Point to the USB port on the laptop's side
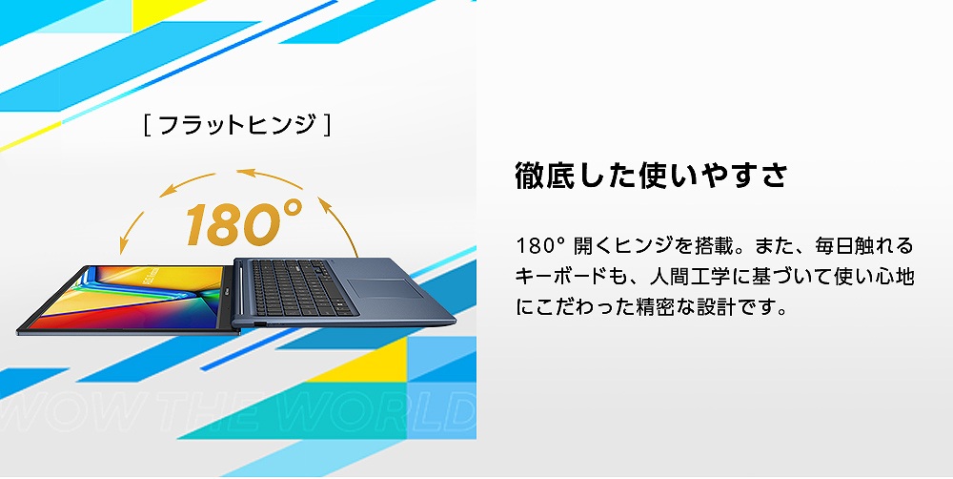tap(259, 326)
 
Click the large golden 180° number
tap(243, 222)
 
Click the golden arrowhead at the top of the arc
tap(245, 173)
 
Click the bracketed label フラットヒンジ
tap(236, 125)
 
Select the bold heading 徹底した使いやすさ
tap(651, 177)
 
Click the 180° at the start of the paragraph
tap(540, 245)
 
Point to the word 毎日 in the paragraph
tap(809, 245)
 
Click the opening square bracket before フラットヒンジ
tap(147, 125)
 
